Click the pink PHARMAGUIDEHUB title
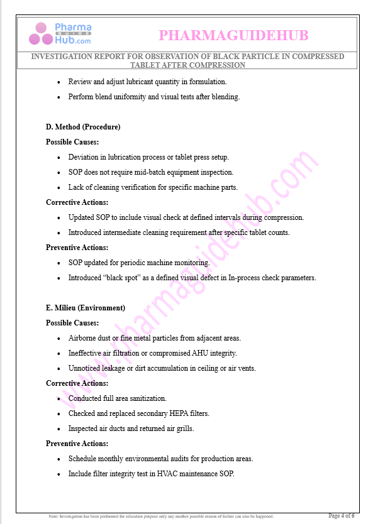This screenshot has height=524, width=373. click(233, 35)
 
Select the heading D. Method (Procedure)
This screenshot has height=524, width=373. click(83, 127)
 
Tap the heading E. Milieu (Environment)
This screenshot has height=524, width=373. click(86, 308)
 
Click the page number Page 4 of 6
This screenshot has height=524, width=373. click(342, 516)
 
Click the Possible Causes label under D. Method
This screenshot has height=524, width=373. click(72, 142)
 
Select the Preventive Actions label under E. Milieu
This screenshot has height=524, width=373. click(77, 444)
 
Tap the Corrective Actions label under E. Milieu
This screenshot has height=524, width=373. click(77, 383)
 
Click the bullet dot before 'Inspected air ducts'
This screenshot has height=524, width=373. click(59, 428)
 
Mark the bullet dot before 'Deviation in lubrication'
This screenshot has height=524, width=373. click(59, 157)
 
